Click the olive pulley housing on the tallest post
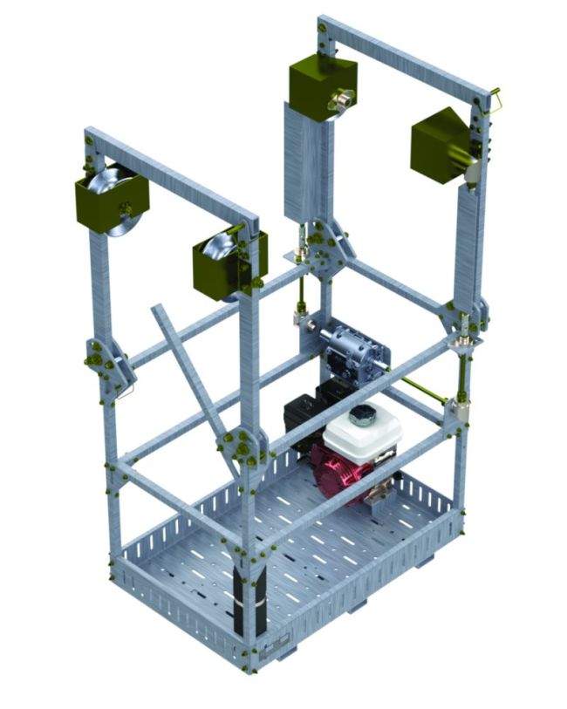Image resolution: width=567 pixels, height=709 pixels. [x=319, y=88]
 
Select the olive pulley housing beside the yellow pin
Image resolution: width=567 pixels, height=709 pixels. [x=441, y=145]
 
